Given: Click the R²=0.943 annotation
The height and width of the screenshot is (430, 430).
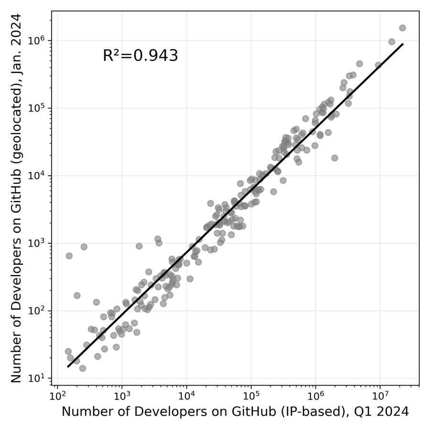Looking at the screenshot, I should click(x=140, y=56).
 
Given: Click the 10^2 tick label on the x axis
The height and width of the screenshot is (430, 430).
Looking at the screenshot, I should click(x=57, y=396).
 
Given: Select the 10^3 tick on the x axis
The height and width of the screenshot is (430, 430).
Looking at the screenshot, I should click(x=122, y=396).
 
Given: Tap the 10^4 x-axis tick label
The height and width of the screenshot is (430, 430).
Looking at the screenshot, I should click(x=186, y=396).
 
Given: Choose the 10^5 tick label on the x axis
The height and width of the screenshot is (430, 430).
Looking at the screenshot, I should click(x=251, y=396).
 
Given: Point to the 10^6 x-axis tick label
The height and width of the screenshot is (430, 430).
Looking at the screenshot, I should click(x=315, y=396).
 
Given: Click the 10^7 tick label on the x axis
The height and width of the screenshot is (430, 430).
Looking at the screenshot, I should click(x=380, y=396).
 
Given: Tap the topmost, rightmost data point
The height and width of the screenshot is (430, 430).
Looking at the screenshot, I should click(x=402, y=28).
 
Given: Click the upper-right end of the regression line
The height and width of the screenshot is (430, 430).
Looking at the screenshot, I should click(x=403, y=44).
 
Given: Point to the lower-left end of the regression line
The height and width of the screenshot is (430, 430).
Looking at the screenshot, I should click(x=68, y=367).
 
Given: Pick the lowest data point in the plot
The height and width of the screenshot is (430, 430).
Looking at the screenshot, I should click(x=82, y=368).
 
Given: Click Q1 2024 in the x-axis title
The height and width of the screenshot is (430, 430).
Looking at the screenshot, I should click(x=382, y=412).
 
